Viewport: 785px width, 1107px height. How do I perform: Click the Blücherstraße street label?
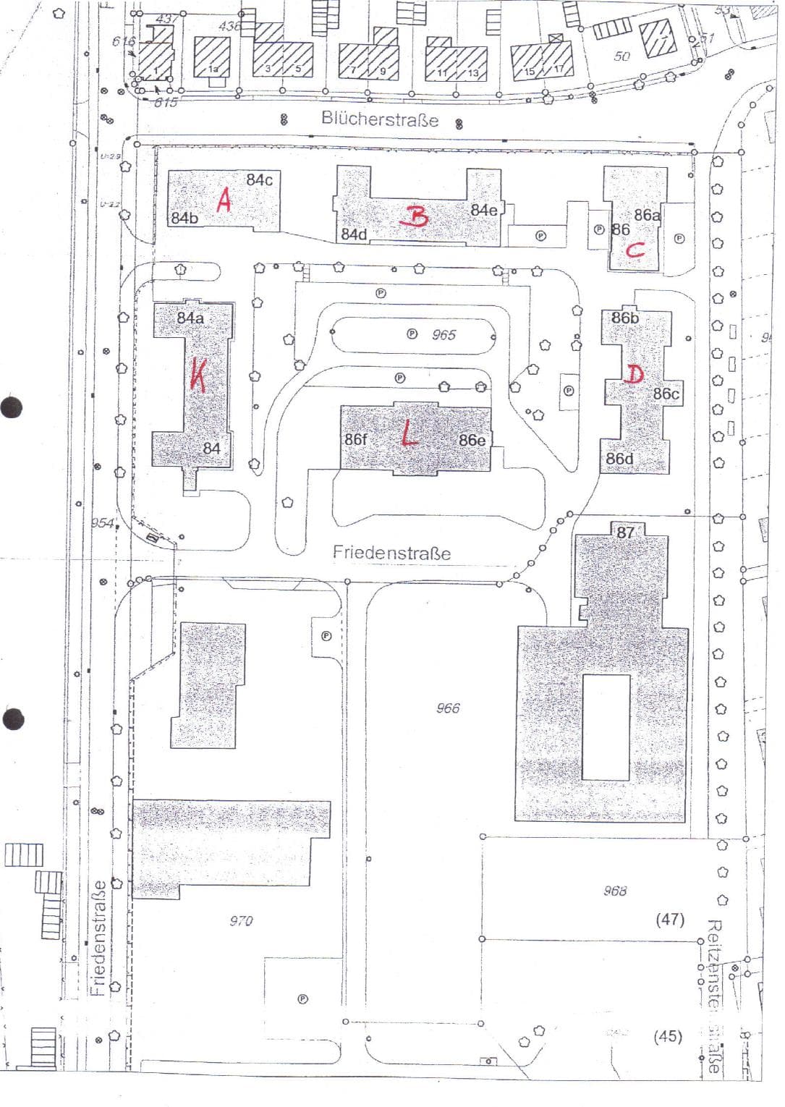pyautogui.click(x=380, y=119)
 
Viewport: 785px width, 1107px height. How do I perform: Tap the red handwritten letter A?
pyautogui.click(x=224, y=200)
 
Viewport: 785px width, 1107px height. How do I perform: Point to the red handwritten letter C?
pyautogui.click(x=635, y=251)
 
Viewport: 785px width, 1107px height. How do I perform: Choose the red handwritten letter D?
pyautogui.click(x=635, y=374)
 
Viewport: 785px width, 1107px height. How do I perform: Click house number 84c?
pyautogui.click(x=259, y=179)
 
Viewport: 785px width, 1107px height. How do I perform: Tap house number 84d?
pyautogui.click(x=355, y=234)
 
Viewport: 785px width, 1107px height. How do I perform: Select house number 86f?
pyautogui.click(x=356, y=439)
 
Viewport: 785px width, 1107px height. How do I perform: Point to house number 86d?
pyautogui.click(x=619, y=459)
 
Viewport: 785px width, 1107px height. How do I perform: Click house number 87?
pyautogui.click(x=625, y=533)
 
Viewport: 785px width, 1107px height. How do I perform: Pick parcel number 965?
pyautogui.click(x=444, y=334)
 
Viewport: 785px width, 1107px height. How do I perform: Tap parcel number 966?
pyautogui.click(x=448, y=708)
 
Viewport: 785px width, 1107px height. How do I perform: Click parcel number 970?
pyautogui.click(x=241, y=920)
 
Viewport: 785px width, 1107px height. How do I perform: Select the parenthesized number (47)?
pyautogui.click(x=670, y=919)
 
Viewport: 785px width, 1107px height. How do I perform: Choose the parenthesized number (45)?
pyautogui.click(x=667, y=1036)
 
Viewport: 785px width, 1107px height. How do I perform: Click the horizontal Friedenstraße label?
pyautogui.click(x=391, y=553)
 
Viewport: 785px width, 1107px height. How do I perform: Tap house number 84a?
pyautogui.click(x=190, y=318)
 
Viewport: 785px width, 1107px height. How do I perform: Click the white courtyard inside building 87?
pyautogui.click(x=606, y=726)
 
